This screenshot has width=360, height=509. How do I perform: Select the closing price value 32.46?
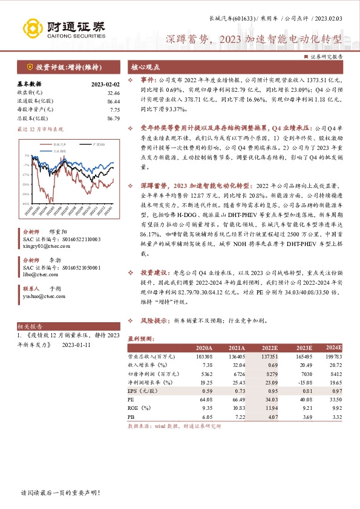pos(112,92)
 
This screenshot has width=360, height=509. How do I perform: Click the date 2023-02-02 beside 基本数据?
pos(105,84)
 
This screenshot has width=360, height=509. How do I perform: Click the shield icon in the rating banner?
pos(29,66)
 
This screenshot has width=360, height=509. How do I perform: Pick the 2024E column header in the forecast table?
pos(333,348)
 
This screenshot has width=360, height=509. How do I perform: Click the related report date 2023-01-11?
pos(76,346)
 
